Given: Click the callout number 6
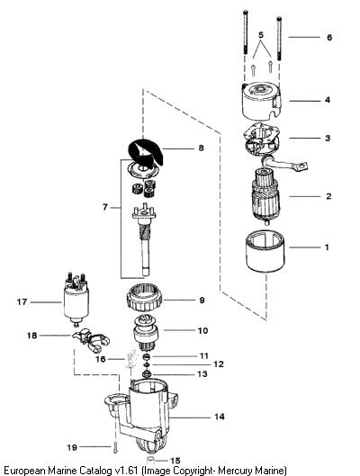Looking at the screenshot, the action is click(329, 37).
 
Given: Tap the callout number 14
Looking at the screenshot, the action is click(220, 417).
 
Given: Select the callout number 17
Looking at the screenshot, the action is click(22, 302).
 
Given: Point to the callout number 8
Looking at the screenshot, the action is click(201, 148).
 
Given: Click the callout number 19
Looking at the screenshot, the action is click(72, 447).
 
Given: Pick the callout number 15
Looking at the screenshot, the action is click(175, 461).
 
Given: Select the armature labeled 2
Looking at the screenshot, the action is click(265, 196).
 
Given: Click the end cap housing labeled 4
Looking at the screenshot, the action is click(261, 102).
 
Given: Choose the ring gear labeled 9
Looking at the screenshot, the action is click(144, 300).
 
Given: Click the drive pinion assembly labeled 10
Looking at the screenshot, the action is click(146, 333).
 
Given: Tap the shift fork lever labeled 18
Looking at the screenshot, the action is click(91, 339).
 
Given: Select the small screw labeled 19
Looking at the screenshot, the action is click(115, 447).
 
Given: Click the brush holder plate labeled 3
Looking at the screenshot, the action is click(262, 141).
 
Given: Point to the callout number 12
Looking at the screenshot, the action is click(219, 364).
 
